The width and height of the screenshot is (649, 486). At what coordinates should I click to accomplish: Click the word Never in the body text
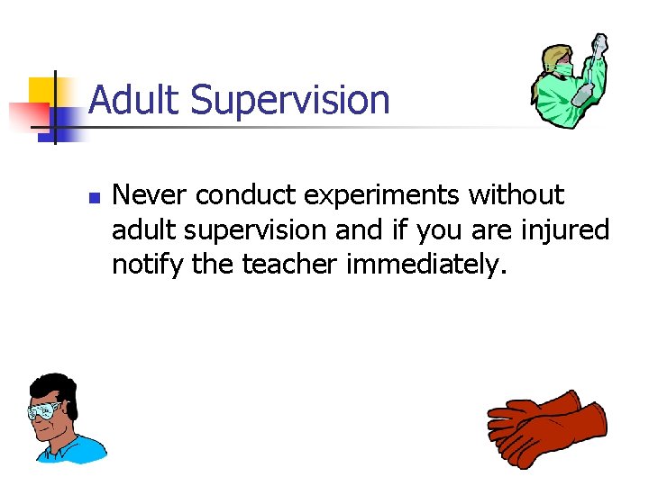pos(149,195)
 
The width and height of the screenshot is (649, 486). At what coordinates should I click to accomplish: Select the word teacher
pos(296,265)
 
